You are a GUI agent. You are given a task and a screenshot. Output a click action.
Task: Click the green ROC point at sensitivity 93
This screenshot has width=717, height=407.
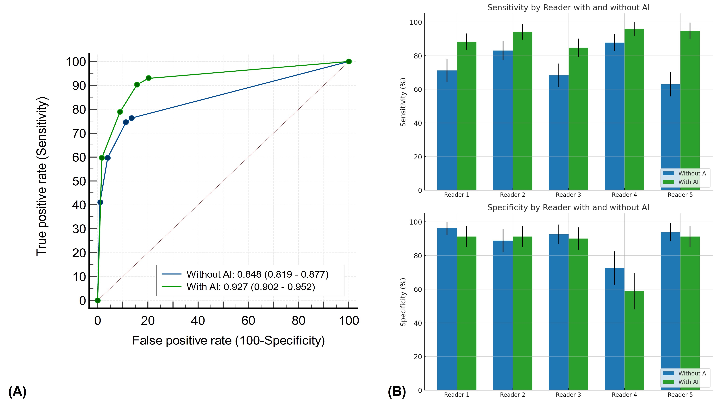click(148, 78)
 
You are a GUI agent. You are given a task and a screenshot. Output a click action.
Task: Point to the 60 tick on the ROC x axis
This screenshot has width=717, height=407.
click(248, 321)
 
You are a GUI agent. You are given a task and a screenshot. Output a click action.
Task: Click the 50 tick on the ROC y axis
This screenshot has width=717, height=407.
click(79, 181)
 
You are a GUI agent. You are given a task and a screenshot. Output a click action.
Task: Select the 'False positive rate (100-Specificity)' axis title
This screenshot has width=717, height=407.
click(228, 340)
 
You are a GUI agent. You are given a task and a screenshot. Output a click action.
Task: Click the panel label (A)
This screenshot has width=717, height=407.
click(17, 392)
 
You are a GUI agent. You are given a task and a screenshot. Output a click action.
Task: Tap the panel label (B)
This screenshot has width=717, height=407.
click(397, 392)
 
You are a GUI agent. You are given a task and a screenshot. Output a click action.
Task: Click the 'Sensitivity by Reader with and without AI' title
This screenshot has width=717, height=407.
click(568, 7)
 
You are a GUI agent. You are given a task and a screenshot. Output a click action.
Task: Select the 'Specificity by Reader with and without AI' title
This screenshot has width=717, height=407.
click(568, 207)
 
